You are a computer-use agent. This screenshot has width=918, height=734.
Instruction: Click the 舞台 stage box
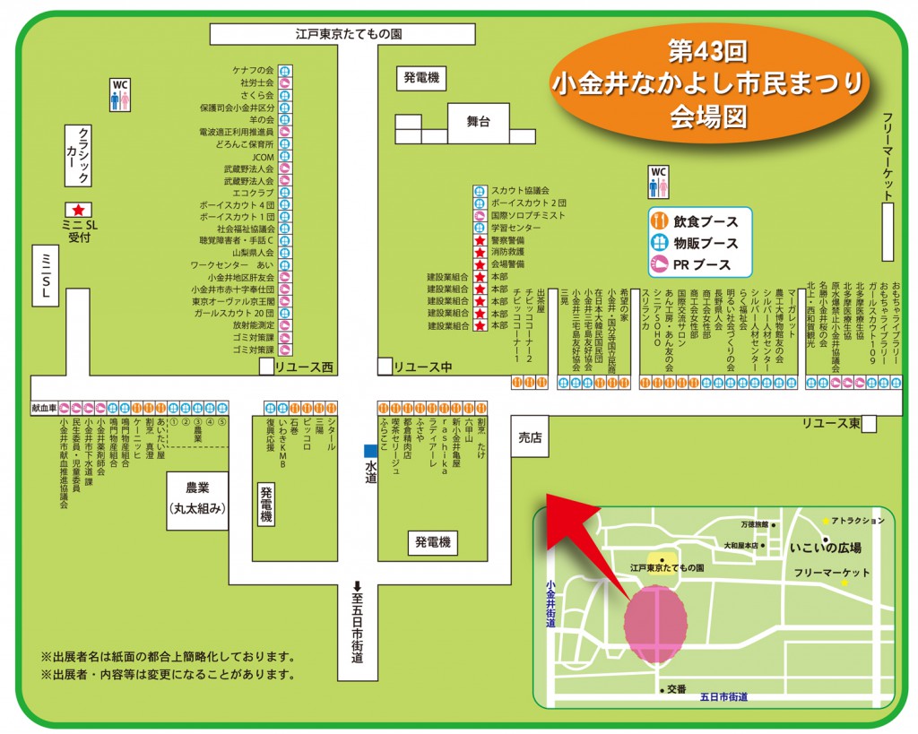pos(479,120)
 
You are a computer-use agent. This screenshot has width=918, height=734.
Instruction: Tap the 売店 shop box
pos(530,436)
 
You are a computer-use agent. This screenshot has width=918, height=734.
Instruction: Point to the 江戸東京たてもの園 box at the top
pos(349,34)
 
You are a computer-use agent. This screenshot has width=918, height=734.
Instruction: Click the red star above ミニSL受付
pos(76,209)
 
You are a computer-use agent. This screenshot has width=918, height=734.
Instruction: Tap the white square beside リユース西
pos(266,367)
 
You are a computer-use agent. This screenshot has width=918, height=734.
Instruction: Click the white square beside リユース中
pos(385,367)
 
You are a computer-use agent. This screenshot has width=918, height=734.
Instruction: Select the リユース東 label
pos(831,423)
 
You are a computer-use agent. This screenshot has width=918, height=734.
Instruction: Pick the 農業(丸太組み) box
pos(197,498)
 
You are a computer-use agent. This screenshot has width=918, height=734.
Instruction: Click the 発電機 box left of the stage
pos(420,78)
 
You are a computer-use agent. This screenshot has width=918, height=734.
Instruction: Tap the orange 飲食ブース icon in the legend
pos(660,220)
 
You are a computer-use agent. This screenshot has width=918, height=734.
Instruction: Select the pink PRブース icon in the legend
pos(660,264)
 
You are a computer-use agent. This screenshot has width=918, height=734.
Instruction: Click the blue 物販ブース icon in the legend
pos(660,243)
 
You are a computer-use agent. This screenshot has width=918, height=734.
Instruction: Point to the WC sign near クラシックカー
pos(120,94)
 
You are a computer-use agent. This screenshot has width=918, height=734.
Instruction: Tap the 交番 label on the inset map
pos(676,688)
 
